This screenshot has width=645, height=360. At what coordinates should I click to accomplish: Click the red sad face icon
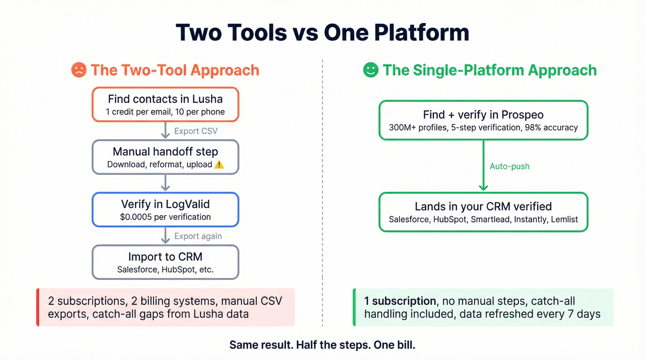coord(79,71)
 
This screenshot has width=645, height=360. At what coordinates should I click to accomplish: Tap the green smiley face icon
coord(370,70)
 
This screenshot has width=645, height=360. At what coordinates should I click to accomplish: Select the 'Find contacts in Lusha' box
coord(165,104)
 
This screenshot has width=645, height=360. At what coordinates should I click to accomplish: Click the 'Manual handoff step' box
coord(165,157)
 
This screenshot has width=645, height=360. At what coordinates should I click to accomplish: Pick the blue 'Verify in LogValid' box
coord(165,209)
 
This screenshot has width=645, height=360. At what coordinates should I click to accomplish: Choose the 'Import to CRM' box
coord(165,262)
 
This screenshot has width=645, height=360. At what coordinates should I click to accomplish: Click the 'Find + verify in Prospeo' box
coord(483,120)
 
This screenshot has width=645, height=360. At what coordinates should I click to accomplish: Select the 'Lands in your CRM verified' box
coord(483,212)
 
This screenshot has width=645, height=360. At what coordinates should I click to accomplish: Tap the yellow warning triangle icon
coord(219,165)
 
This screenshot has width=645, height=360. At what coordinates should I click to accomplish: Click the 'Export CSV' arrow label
coord(196,131)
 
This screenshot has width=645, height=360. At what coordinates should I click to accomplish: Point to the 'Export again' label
coord(198,236)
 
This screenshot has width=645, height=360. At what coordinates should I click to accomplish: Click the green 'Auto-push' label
coord(510,166)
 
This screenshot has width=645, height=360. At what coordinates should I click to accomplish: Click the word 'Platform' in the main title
coord(422,33)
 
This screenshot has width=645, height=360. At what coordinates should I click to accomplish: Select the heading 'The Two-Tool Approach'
coord(175,71)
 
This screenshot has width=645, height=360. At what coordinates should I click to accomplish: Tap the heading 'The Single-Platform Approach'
coord(490,71)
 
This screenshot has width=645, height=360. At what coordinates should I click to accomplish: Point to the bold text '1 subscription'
coord(400,301)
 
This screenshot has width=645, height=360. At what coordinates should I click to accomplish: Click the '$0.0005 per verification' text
coord(165,217)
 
